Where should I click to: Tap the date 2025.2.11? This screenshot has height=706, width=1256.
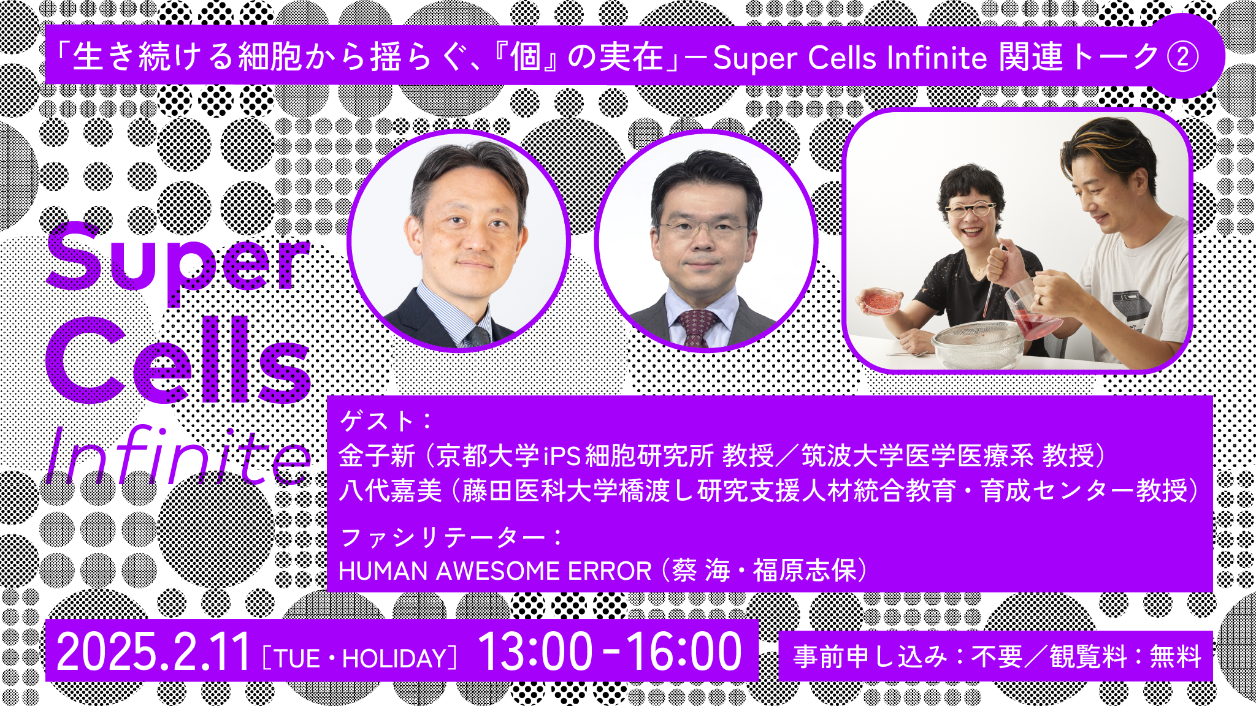153,652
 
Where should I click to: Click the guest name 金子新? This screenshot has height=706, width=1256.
377,456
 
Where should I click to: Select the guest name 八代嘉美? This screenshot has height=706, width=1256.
390,491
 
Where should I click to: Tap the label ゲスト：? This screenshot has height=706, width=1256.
386,422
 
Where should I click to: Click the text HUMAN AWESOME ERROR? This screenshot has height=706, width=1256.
494,571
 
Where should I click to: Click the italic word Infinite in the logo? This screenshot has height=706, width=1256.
178,457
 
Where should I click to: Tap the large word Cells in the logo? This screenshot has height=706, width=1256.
178,362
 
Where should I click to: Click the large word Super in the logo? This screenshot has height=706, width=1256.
178,260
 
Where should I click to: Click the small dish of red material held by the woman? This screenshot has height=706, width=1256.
881,301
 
